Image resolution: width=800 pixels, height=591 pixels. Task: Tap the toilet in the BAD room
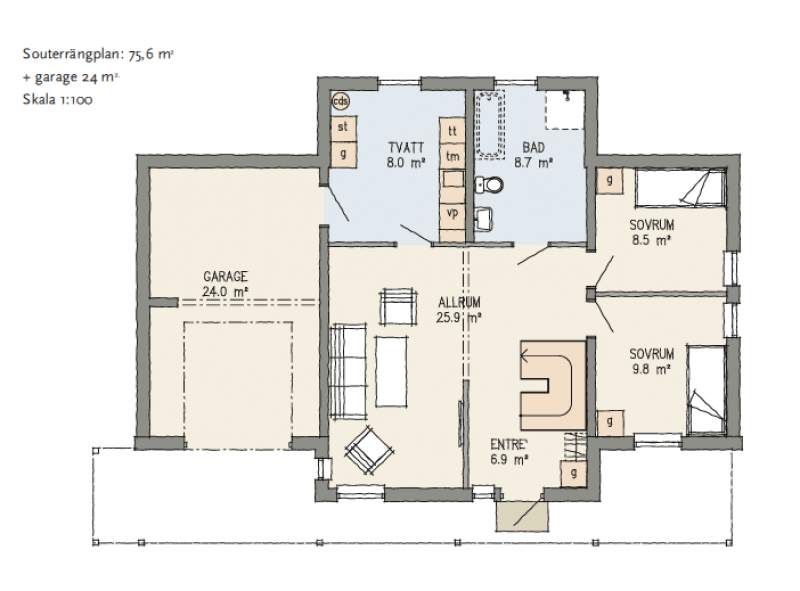(x=489, y=185)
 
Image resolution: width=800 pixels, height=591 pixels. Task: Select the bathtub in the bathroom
(x=490, y=124)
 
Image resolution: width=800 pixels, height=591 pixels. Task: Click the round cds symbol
(x=340, y=101)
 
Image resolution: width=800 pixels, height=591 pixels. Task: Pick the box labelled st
(x=343, y=128)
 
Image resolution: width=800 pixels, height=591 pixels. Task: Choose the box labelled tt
(x=452, y=131)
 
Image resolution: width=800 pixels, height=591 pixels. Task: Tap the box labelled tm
(x=452, y=157)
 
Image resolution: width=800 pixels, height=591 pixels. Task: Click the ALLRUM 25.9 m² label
(x=459, y=310)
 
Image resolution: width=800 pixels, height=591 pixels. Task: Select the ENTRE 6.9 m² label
(x=509, y=451)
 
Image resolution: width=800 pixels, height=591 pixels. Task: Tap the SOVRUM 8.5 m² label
(x=652, y=232)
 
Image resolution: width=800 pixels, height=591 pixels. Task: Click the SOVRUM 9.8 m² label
(x=652, y=361)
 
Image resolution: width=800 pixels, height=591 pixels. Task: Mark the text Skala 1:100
(x=57, y=99)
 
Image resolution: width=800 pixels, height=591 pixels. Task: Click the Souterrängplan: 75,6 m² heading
(x=98, y=54)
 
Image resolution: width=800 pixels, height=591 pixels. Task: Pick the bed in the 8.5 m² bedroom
(x=680, y=188)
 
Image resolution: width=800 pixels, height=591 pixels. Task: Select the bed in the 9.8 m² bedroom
(x=706, y=390)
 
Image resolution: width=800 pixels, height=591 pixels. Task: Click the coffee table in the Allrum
(x=391, y=372)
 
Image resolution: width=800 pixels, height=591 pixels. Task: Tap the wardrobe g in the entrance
(x=574, y=473)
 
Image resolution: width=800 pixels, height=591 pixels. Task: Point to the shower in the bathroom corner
(x=565, y=110)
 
